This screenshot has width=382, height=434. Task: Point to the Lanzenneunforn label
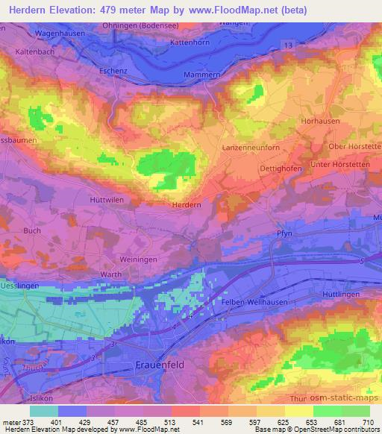pyautogui.click(x=251, y=149)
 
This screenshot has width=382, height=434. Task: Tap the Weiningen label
pyautogui.click(x=137, y=258)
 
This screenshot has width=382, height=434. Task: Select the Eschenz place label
pyautogui.click(x=114, y=71)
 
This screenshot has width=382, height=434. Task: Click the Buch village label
pyautogui.click(x=33, y=231)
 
